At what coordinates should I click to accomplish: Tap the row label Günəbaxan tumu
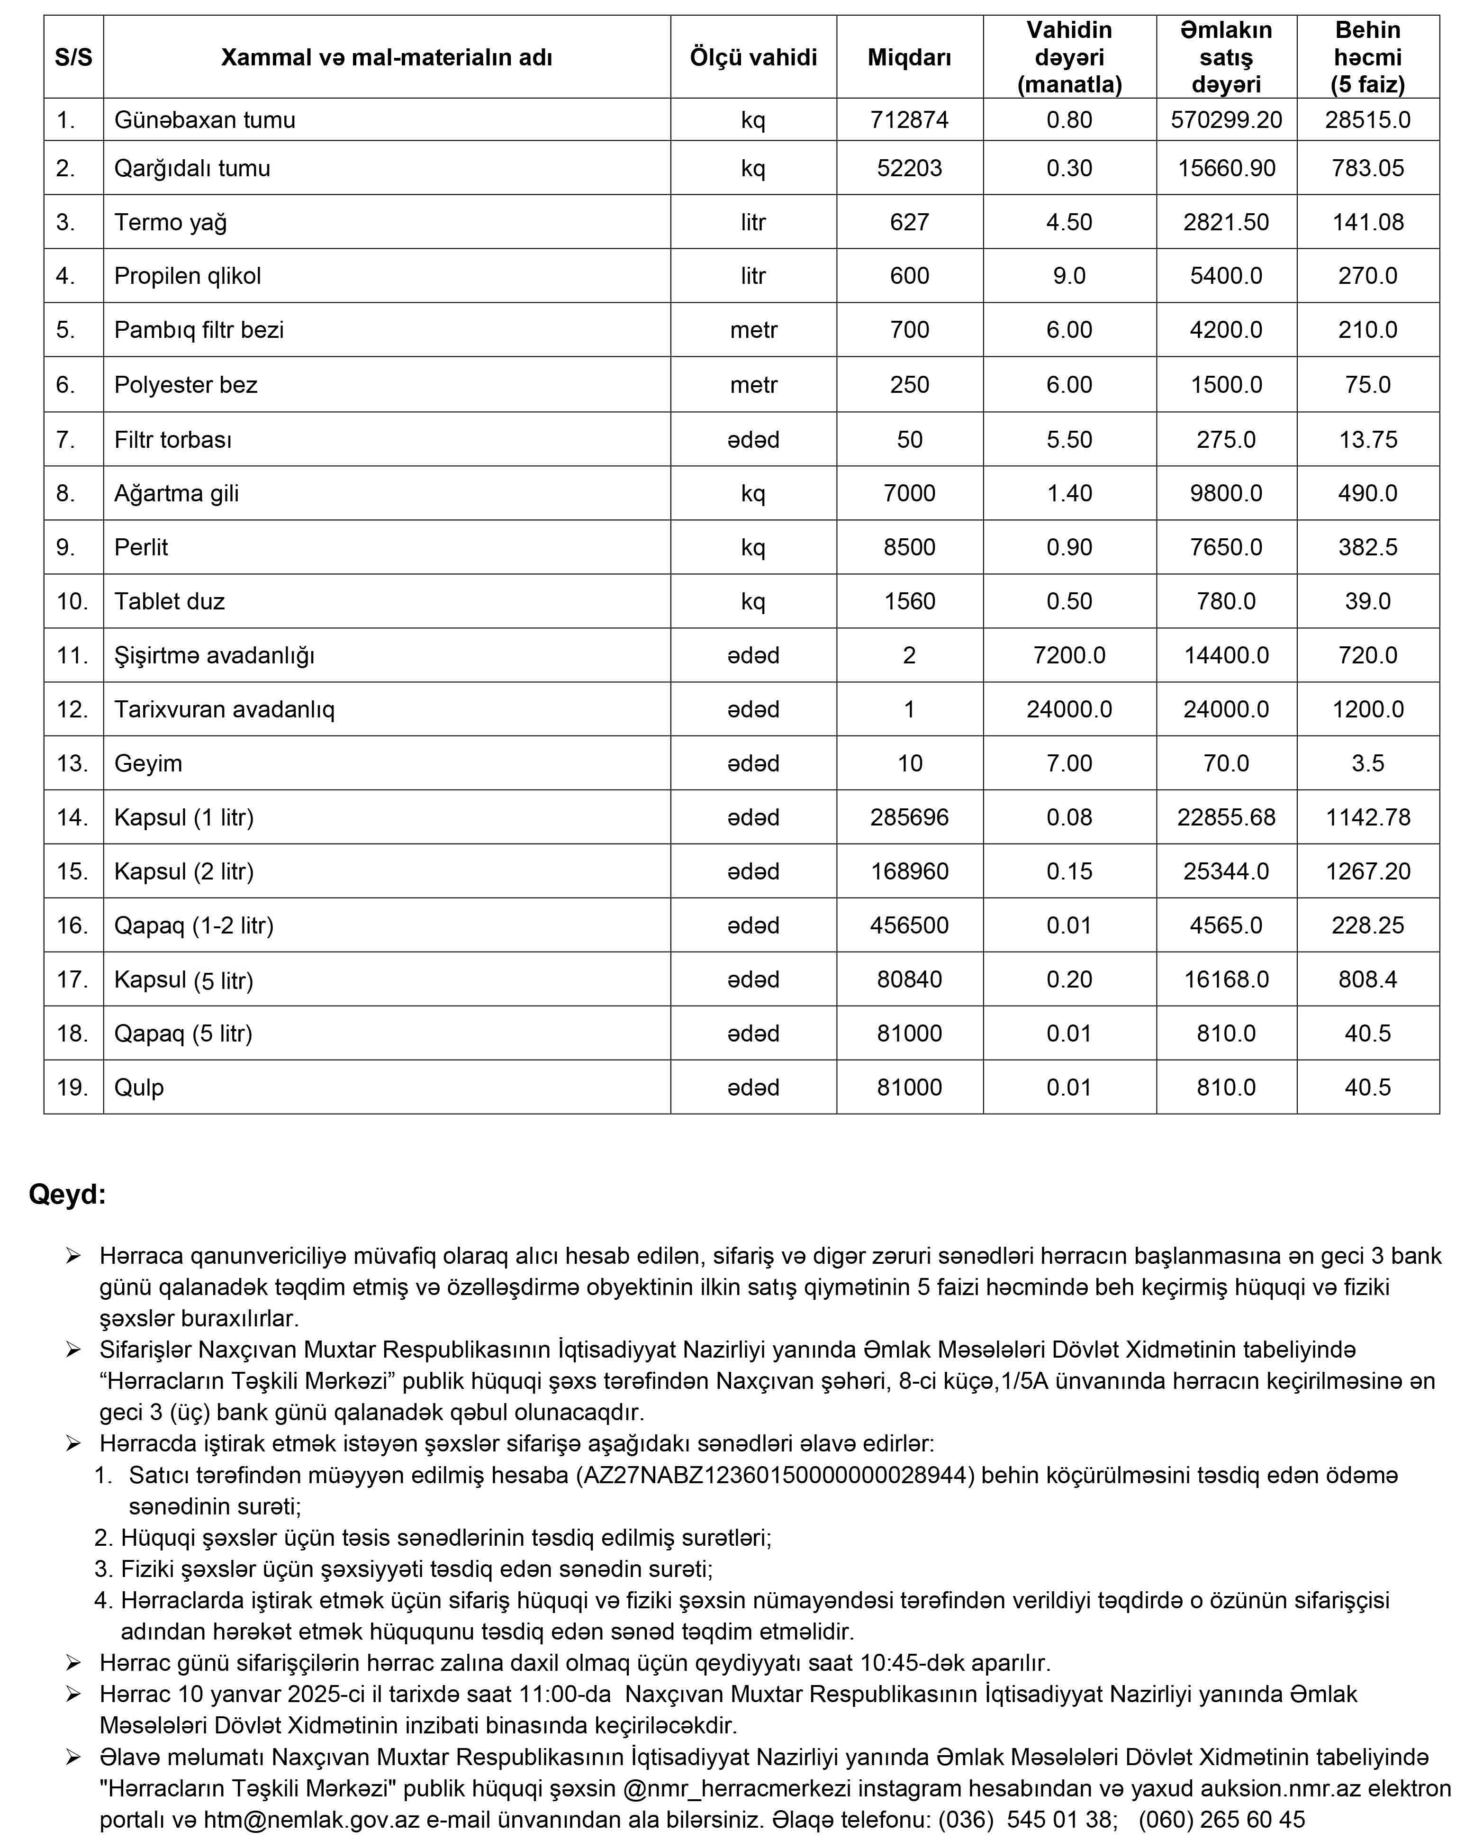(x=205, y=119)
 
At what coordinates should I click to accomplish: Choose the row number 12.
(x=72, y=709)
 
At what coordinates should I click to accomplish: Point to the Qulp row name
(x=139, y=1087)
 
